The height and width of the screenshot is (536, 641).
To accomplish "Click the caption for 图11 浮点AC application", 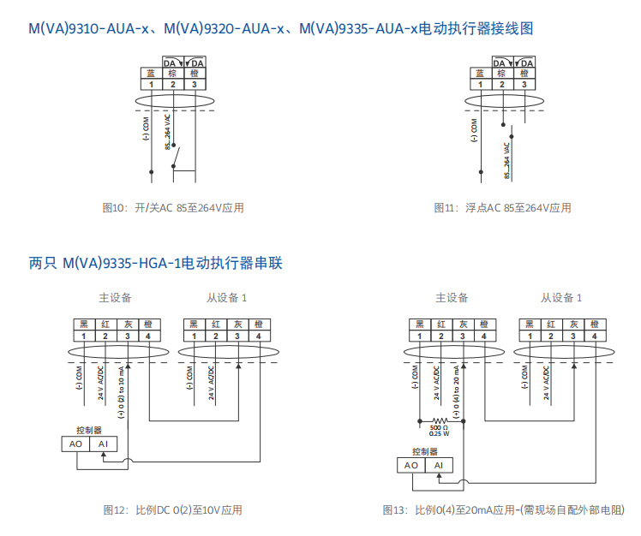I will (x=501, y=208).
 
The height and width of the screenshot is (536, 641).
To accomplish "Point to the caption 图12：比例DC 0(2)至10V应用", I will (x=172, y=510).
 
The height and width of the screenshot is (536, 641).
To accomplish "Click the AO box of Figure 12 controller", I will (x=75, y=444).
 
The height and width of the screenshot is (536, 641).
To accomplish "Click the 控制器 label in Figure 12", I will (x=88, y=430).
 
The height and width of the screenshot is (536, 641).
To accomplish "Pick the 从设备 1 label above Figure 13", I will (x=560, y=298).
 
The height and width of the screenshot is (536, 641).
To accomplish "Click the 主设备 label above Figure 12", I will (x=114, y=298).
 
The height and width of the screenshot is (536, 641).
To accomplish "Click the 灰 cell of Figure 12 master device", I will (x=128, y=325).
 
